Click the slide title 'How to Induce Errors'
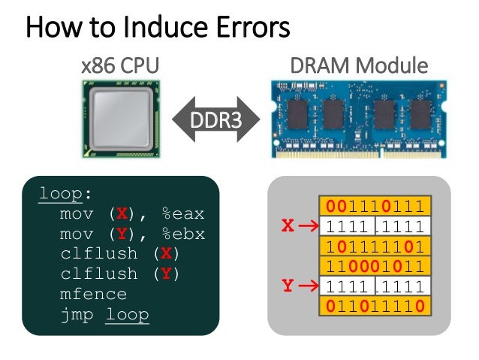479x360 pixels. [158, 29]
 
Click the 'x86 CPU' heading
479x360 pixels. [120, 66]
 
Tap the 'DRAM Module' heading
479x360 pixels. [359, 66]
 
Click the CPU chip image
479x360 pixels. [119, 119]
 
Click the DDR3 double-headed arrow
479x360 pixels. [215, 119]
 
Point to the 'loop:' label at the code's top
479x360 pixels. [65, 194]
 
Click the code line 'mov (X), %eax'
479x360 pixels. [132, 214]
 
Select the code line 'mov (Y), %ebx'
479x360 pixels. [132, 234]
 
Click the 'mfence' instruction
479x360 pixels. [94, 294]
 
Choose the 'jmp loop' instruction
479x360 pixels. [104, 314]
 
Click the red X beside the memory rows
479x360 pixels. [288, 225]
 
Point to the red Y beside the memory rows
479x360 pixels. [288, 286]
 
